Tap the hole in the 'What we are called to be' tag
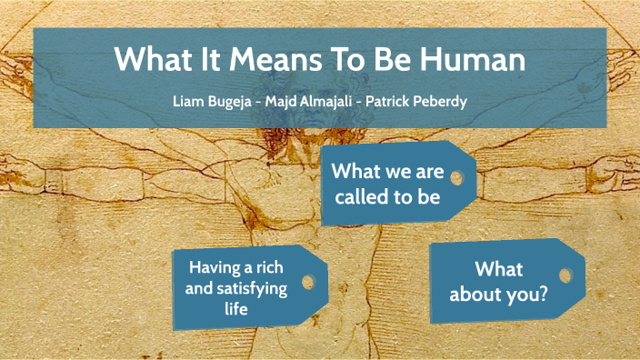pos(456,177)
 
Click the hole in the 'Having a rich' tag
pos(308,282)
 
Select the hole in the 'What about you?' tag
pos(565,275)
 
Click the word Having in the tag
pos(214,268)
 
